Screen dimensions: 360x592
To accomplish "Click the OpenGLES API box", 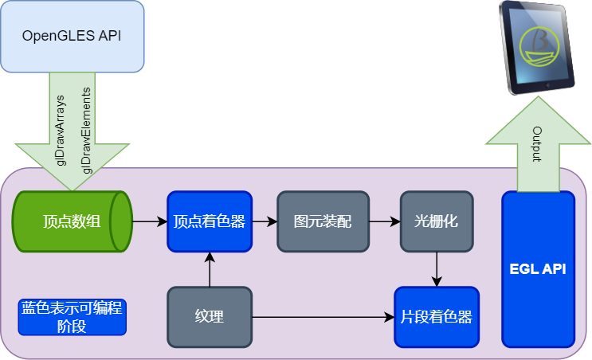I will pos(72,36).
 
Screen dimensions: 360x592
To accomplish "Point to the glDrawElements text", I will pos(86,127).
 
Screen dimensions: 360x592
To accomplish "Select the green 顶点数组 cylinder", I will pos(72,221).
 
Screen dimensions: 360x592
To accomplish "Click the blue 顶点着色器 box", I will pos(210,221).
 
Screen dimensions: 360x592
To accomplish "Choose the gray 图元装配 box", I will pos(323,221).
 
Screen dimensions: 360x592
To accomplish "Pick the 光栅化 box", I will pos(437,221).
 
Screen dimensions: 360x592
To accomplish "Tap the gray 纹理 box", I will pos(210,317).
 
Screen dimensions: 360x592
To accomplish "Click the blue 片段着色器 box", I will pos(437,317).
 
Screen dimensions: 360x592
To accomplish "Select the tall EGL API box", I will pos(538,269).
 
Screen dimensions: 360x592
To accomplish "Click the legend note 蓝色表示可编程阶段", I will pos(73,317).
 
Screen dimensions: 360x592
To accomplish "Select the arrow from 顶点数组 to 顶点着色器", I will pos(150,221).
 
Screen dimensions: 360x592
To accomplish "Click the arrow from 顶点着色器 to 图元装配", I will pos(265,221).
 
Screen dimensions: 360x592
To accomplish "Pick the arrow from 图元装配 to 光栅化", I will pos(385,221).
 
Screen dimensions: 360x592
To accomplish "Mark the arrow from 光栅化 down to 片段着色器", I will pos(437,268).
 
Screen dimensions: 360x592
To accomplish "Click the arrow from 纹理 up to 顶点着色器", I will pos(210,269).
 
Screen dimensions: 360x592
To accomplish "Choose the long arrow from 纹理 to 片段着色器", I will pos(323,317).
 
